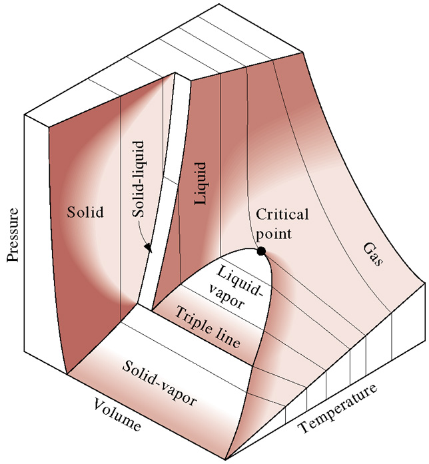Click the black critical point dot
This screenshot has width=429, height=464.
pos(261,251)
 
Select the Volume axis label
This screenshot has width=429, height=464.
pos(121,413)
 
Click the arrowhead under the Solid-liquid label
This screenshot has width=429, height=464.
pos(148,248)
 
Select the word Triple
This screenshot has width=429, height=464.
pos(192,319)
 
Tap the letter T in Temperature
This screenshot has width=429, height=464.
pos(301,427)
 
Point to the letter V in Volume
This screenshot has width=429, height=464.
pos(99,403)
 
